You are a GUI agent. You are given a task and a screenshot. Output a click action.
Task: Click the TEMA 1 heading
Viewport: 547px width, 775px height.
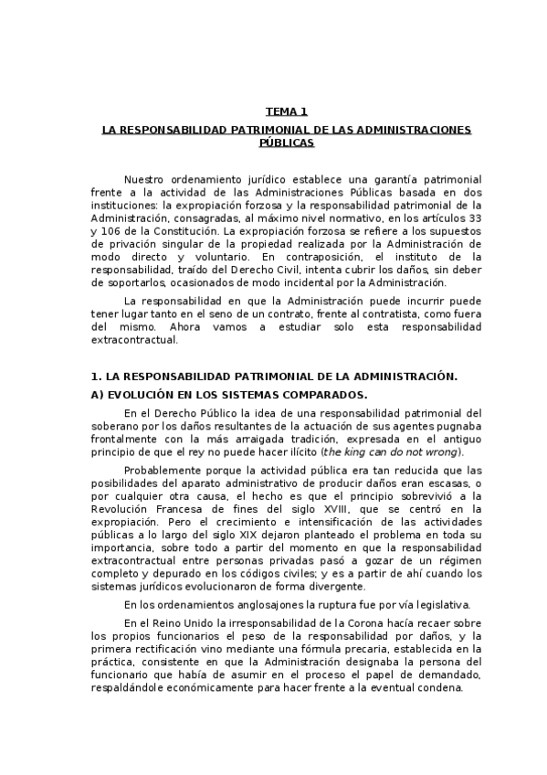(x=286, y=111)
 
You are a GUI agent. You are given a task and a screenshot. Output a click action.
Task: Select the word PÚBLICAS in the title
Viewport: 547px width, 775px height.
(x=286, y=143)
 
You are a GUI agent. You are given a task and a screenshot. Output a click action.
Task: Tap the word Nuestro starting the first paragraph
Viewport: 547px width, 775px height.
(x=144, y=179)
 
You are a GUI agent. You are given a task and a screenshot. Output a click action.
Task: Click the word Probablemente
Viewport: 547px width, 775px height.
(x=164, y=470)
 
